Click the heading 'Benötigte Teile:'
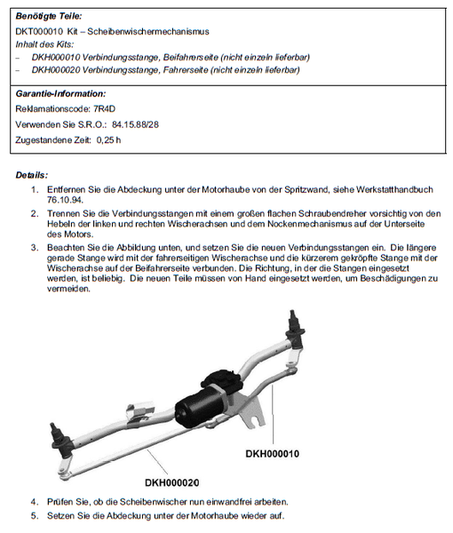[x=50, y=16]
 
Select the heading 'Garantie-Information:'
[x=60, y=92]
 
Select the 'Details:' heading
[x=32, y=175]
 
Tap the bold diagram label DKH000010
[x=284, y=453]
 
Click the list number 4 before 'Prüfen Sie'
[x=35, y=503]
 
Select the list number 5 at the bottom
[x=35, y=517]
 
